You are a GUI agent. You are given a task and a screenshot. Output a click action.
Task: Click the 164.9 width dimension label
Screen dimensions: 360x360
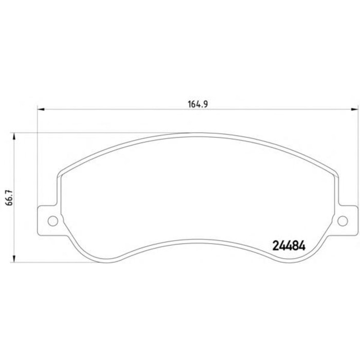(x=197, y=104)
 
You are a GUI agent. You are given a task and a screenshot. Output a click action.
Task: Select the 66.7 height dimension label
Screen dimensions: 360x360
(x=10, y=197)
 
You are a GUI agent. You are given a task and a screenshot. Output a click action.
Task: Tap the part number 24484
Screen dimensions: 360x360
(x=289, y=246)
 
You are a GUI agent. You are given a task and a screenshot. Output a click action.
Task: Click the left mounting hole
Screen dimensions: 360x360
(x=53, y=221)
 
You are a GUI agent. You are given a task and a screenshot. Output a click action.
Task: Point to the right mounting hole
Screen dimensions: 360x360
(x=343, y=221)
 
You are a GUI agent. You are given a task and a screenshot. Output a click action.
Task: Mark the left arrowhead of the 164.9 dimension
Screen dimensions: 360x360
(x=41, y=109)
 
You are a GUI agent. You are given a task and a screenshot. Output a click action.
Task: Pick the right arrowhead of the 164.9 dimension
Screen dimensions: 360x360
(x=354, y=109)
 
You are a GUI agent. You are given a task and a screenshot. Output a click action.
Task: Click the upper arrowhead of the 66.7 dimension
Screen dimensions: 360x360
(x=14, y=136)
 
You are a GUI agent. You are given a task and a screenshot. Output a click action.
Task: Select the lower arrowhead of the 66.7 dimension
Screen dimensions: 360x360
(x=14, y=259)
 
